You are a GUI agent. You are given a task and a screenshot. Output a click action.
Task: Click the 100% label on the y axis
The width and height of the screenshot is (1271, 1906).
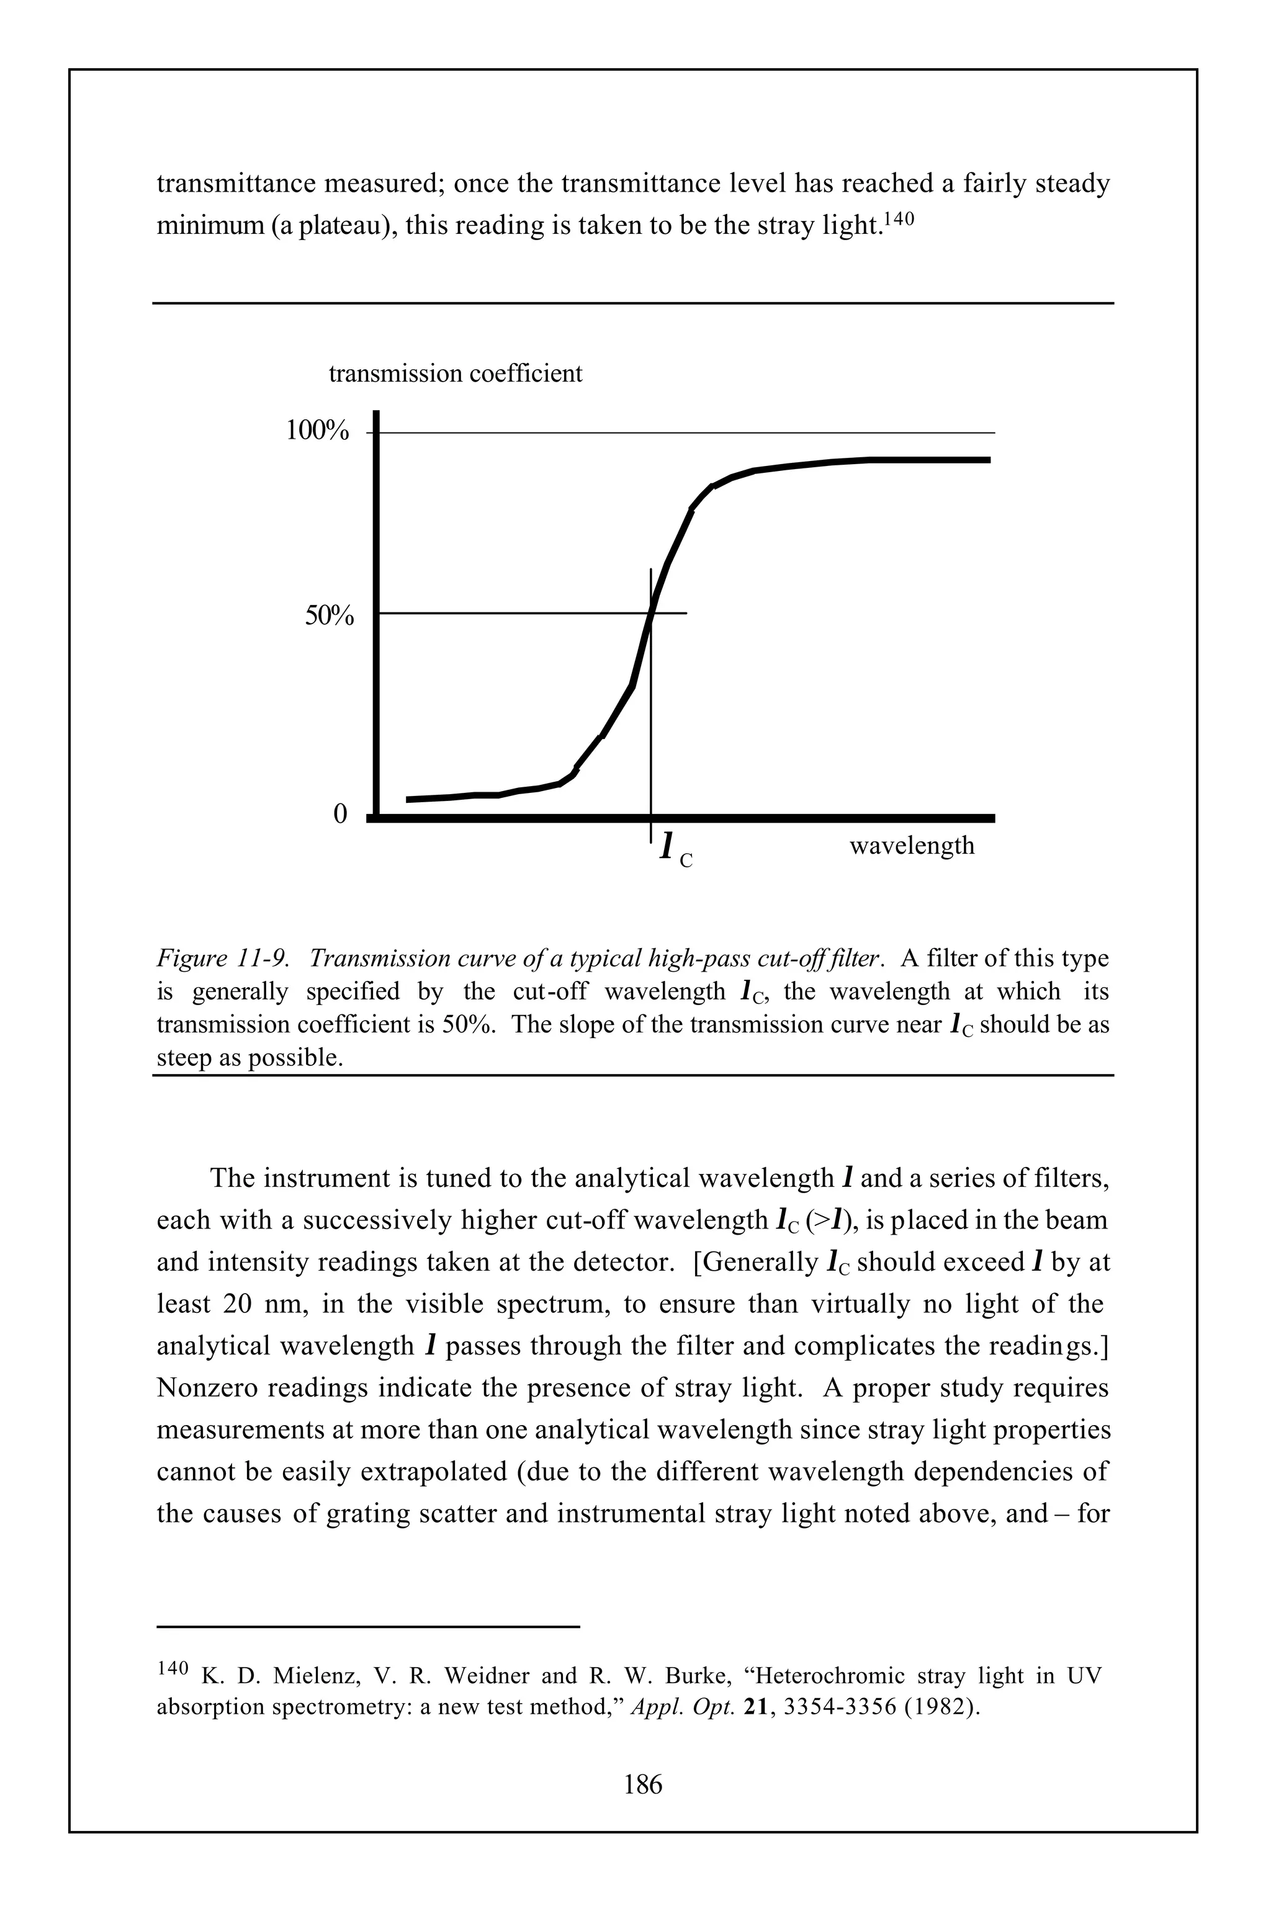click(317, 432)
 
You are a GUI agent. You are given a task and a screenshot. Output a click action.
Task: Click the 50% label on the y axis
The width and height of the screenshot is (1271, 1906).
click(328, 617)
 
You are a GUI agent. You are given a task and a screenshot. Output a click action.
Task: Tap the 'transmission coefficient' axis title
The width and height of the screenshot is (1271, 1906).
click(455, 374)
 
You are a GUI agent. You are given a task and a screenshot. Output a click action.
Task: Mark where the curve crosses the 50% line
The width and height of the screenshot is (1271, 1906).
click(650, 614)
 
